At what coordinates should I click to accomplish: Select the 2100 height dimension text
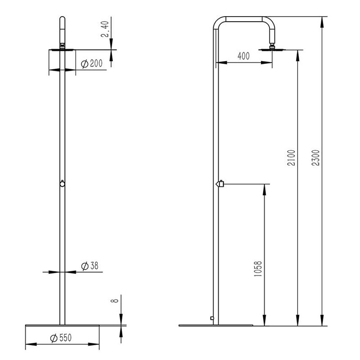pyautogui.click(x=291, y=158)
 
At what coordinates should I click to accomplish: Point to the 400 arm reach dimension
pyautogui.click(x=243, y=56)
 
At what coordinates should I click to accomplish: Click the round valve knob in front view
pyautogui.click(x=63, y=184)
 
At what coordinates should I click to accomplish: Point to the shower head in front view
pyautogui.click(x=62, y=49)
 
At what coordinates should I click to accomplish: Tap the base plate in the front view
pyautogui.click(x=63, y=325)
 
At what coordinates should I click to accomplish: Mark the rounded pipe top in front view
pyautogui.click(x=63, y=20)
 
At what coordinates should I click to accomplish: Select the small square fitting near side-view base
pyautogui.click(x=211, y=318)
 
